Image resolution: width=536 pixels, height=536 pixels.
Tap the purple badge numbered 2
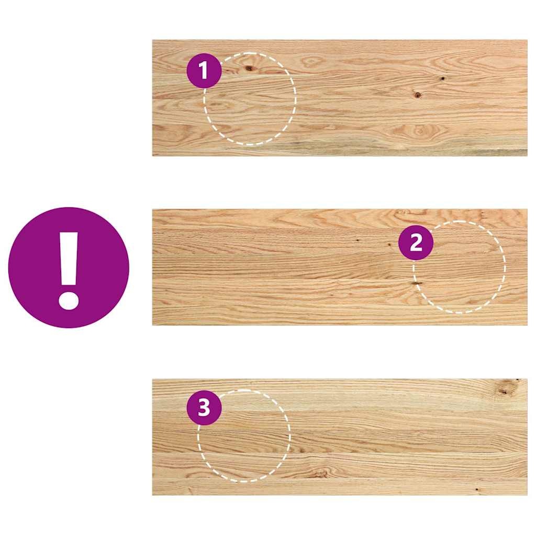tap(416, 243)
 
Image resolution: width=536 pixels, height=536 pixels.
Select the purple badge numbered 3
tap(204, 408)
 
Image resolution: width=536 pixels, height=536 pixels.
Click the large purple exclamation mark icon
tap(69, 267)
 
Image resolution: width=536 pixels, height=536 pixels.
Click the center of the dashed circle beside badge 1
tap(250, 98)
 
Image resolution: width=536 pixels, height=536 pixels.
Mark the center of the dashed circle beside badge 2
tap(460, 267)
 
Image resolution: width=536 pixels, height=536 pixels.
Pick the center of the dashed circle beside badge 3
tap(244, 435)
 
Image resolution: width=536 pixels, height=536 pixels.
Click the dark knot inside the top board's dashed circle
tap(249, 68)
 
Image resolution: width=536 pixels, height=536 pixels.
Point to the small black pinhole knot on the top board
tap(442, 79)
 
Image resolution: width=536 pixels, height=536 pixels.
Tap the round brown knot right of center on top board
tap(418, 95)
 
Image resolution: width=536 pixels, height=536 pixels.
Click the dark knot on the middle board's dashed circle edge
tap(417, 283)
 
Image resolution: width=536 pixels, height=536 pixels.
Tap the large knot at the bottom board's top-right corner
tap(505, 388)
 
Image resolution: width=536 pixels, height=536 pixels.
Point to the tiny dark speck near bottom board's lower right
tap(476, 489)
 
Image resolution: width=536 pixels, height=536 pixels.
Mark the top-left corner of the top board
tap(153, 40)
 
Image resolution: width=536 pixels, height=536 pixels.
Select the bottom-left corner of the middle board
tap(153, 325)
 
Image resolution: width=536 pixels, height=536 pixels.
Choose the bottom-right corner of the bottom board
tap(527, 495)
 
